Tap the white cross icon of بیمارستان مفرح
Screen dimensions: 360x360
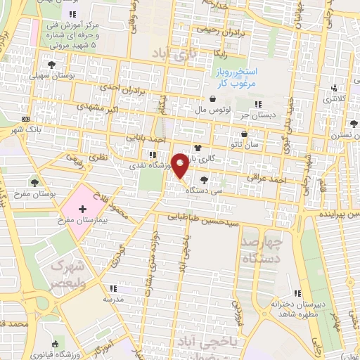82,210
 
